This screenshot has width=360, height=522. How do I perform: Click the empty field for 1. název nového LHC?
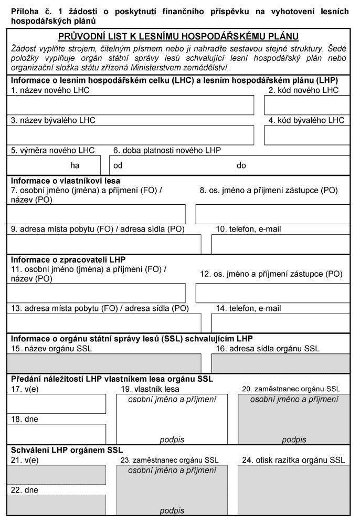[x=130, y=105]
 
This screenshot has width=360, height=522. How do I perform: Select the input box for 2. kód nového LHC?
[x=307, y=105]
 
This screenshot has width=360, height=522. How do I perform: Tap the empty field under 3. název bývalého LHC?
[x=130, y=135]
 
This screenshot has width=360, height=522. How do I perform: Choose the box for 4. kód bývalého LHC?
[x=307, y=135]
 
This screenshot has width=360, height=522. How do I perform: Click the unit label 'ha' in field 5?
[x=75, y=165]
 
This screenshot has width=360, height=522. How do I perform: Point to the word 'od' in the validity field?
[x=118, y=165]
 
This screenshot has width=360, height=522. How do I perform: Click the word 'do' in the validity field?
[x=241, y=165]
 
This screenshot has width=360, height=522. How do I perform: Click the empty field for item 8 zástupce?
[x=273, y=214]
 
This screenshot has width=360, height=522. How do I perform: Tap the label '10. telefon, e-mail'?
[x=249, y=229]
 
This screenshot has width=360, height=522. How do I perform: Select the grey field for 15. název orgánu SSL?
[x=104, y=363]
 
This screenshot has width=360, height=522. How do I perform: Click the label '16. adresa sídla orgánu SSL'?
[x=268, y=348]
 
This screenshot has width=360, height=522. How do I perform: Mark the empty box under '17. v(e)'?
[x=57, y=404]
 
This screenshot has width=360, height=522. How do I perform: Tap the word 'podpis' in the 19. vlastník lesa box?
[x=172, y=440]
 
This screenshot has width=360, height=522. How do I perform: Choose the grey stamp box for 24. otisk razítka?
[x=294, y=490]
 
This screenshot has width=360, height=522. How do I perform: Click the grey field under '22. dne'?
[x=57, y=505]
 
